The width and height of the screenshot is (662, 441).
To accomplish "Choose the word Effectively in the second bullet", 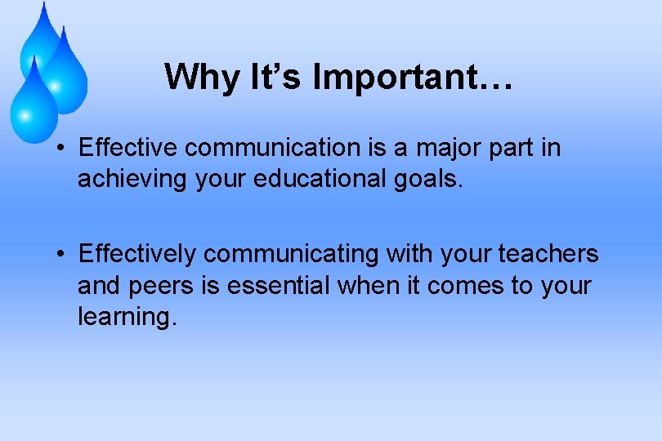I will coord(137,255).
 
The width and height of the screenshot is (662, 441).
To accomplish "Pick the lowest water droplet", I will coord(33,102).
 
